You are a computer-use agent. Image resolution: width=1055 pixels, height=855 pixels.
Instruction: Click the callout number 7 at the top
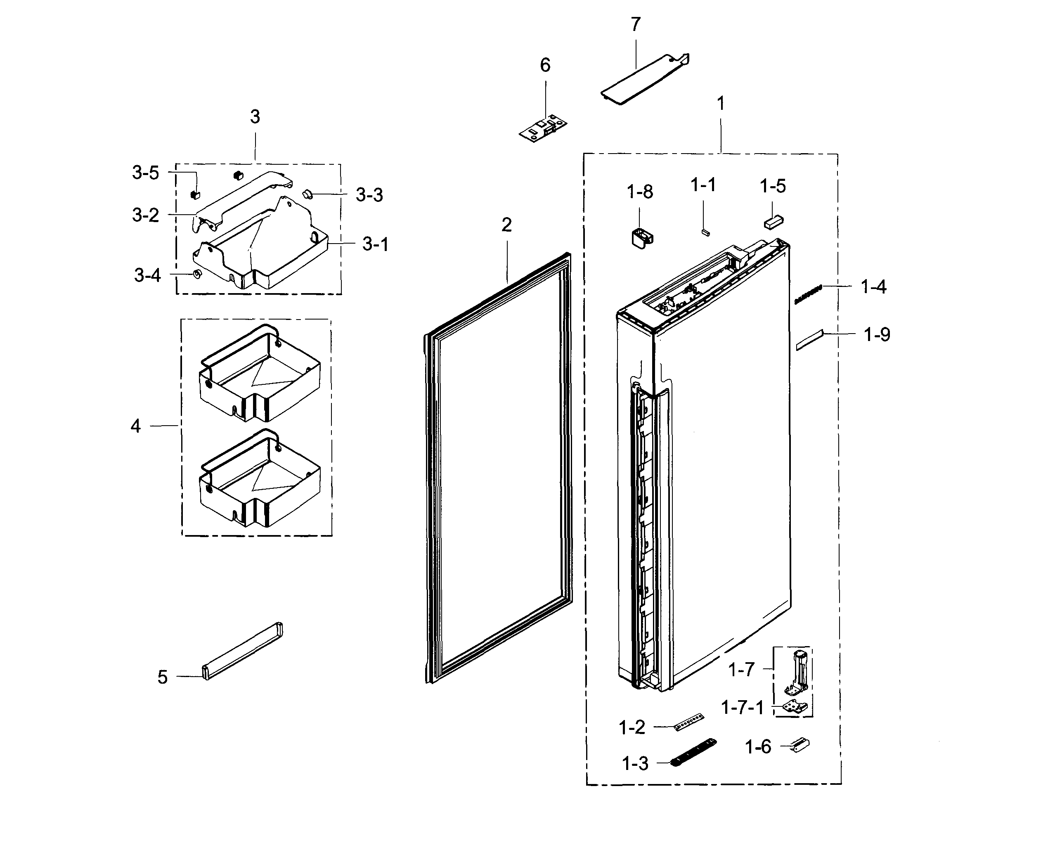point(636,24)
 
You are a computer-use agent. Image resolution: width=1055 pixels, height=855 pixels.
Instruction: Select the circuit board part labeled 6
point(544,128)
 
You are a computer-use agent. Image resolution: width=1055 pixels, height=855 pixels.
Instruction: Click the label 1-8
point(639,192)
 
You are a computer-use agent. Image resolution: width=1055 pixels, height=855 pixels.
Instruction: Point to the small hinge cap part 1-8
point(641,237)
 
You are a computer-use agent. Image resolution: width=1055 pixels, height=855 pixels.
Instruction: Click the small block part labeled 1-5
point(774,222)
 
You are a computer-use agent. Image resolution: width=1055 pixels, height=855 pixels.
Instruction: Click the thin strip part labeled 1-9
point(809,340)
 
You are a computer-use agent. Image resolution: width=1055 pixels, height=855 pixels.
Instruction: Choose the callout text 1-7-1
point(742,708)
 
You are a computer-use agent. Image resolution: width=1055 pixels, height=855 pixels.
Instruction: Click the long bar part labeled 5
point(243,651)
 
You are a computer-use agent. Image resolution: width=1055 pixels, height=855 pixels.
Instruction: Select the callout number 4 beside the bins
point(136,426)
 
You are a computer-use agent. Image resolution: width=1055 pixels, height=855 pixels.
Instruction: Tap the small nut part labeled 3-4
point(197,274)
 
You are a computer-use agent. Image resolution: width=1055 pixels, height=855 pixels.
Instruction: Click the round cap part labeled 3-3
point(308,194)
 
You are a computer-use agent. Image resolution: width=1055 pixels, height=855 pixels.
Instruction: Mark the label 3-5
point(145,173)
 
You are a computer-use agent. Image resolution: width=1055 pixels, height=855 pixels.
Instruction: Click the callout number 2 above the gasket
point(506,225)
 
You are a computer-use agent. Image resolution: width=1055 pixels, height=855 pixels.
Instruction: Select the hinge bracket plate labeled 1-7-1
point(795,708)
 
